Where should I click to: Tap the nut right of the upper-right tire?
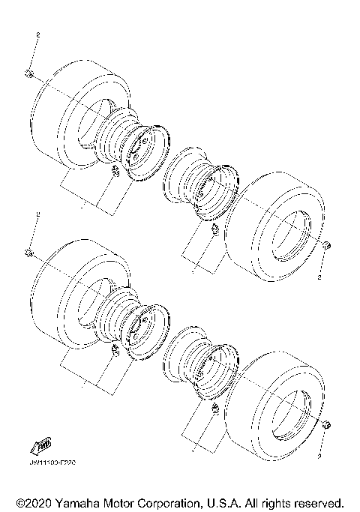point(327,246)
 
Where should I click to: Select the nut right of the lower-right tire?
point(327,425)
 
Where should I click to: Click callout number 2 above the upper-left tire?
point(38,35)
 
